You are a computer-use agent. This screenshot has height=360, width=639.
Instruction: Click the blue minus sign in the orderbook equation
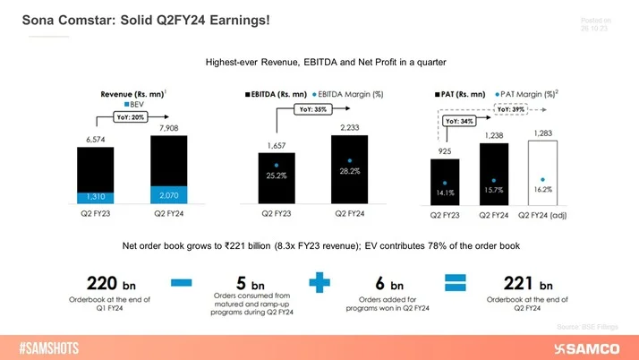[182, 283]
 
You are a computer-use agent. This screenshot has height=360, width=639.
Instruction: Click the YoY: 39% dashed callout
[510, 108]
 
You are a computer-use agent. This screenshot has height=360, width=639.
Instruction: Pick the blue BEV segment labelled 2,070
[168, 194]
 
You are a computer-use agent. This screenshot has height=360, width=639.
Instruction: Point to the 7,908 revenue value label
[168, 129]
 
